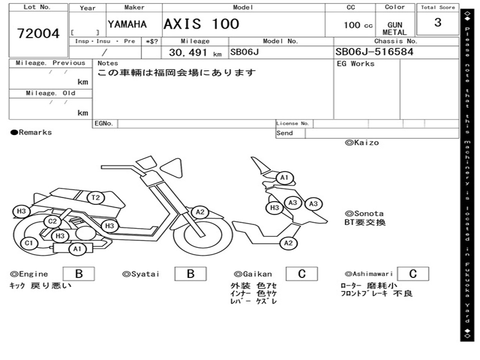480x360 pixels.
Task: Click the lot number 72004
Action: coord(38,34)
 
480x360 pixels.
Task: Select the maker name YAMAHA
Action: coord(127,24)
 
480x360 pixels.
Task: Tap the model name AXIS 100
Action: coord(201,24)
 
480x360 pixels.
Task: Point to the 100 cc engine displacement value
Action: coord(358,25)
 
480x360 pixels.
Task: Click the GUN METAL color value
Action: coord(395,29)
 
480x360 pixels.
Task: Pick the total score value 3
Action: coord(438,22)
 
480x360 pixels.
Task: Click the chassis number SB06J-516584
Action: coord(375,52)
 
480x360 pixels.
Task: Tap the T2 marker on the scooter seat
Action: coord(96,197)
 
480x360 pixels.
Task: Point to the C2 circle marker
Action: coord(52,221)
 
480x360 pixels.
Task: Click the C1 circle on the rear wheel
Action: coord(29,243)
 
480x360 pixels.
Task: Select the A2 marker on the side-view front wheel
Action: coord(200,212)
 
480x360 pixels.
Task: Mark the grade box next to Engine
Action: coord(78,274)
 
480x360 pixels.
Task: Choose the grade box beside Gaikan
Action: coord(302,274)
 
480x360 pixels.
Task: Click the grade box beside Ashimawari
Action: coord(412,274)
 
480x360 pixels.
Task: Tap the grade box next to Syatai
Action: coord(190,274)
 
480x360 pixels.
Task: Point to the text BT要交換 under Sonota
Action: coord(365,222)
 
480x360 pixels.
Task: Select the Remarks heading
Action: coord(31,133)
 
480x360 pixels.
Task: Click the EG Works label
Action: coord(356,64)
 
